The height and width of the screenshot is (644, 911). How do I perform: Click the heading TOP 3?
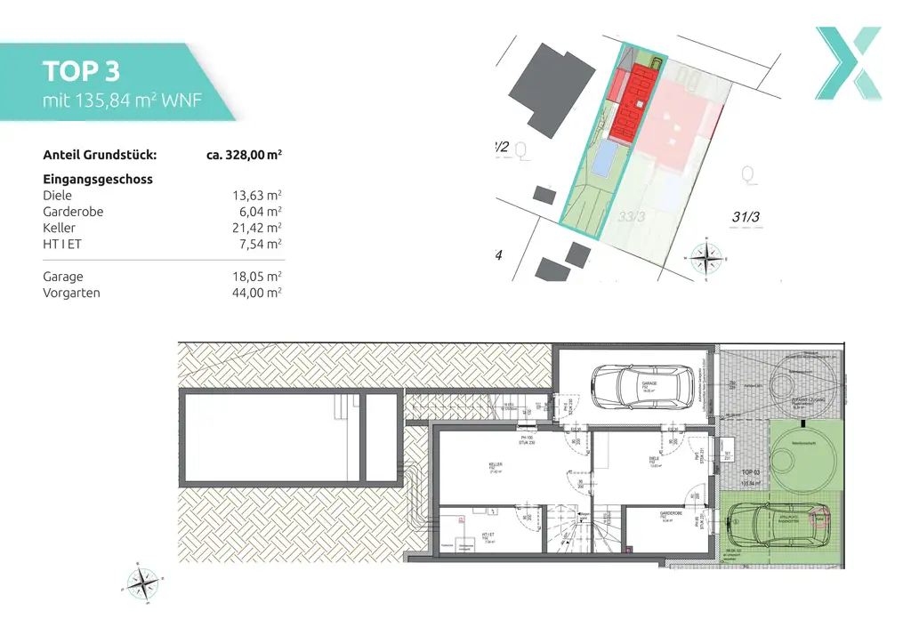(81, 71)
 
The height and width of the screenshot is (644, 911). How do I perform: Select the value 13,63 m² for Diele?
(256, 196)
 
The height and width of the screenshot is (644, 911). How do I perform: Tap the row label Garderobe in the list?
(73, 212)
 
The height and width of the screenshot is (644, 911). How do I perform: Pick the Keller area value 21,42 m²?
(256, 229)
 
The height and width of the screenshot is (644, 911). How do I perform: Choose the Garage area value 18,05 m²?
(256, 277)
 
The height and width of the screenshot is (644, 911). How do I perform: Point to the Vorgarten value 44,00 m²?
(256, 293)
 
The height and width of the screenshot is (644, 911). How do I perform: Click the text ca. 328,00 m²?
(244, 155)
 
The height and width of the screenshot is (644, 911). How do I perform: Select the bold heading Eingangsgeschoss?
(98, 179)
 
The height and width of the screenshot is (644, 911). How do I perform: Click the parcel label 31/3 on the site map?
(746, 216)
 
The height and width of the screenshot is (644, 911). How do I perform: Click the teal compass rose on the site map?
(707, 258)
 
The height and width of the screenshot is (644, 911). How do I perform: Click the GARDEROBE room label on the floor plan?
(670, 514)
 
